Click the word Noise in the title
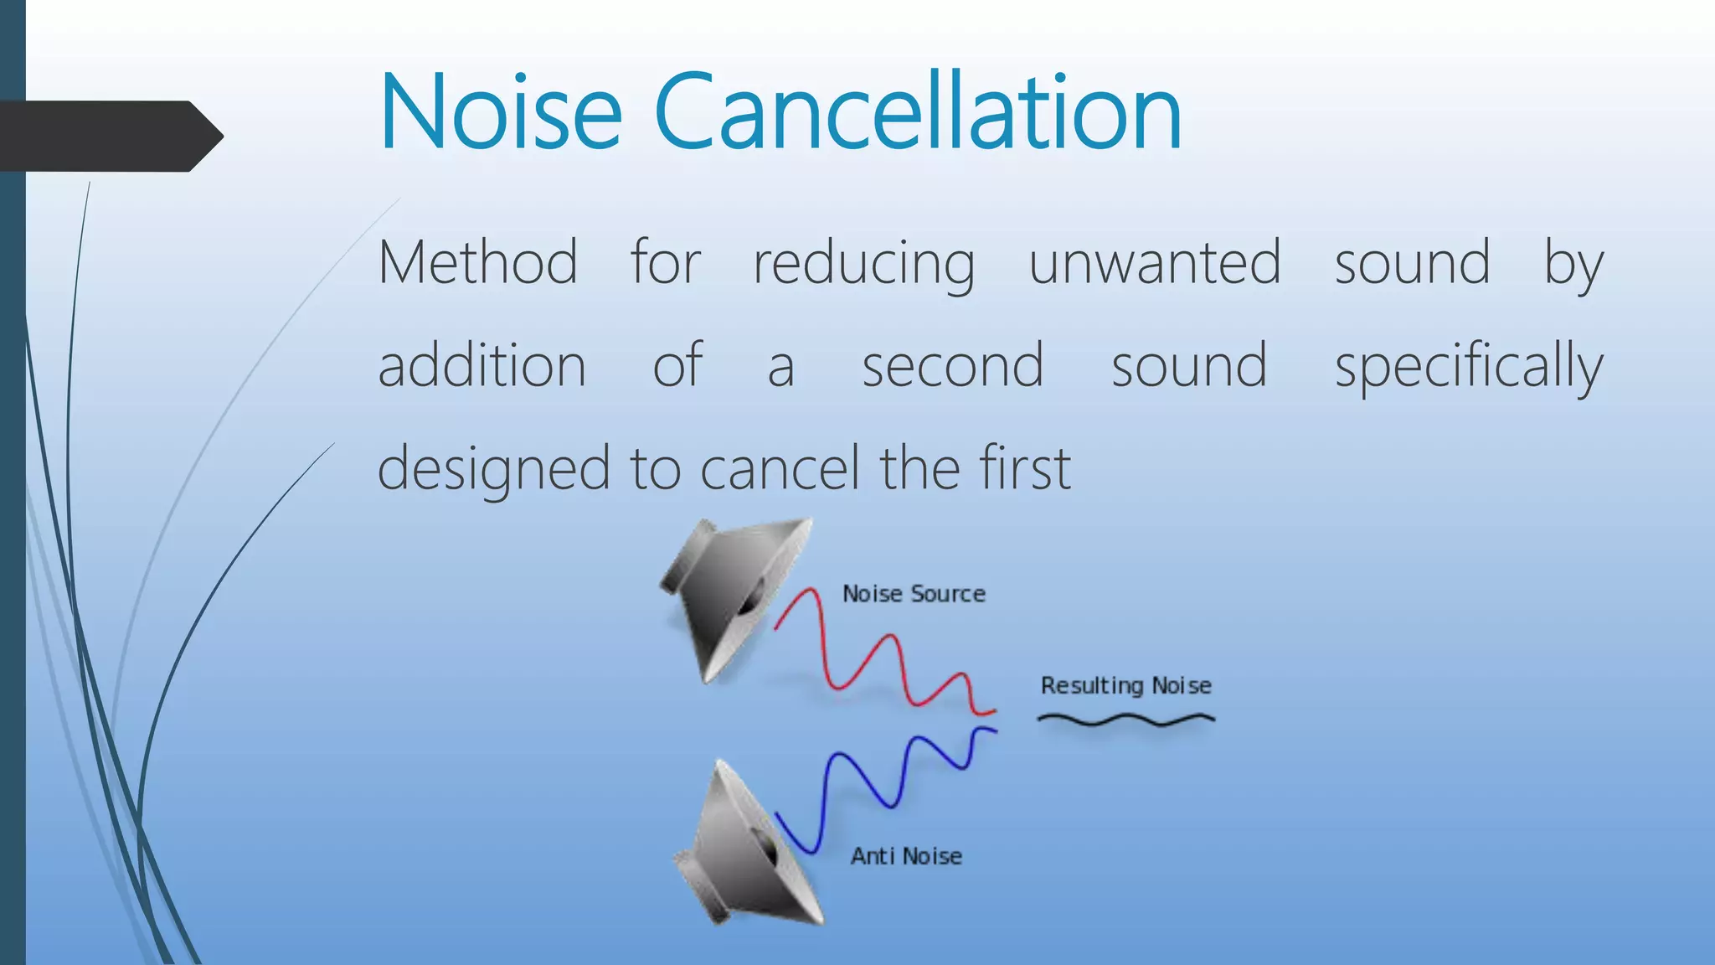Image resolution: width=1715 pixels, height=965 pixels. [x=501, y=112]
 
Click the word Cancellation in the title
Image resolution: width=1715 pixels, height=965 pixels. [x=918, y=112]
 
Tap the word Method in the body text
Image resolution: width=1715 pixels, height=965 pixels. [x=477, y=263]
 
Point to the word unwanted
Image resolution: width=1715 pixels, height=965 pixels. [x=1155, y=263]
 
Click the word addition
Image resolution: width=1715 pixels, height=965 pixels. [x=482, y=366]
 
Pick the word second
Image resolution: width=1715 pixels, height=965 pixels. [x=953, y=366]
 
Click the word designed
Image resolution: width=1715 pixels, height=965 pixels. [x=493, y=469]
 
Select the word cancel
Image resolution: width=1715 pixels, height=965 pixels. [x=780, y=468]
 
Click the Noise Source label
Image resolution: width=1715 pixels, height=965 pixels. [x=914, y=594]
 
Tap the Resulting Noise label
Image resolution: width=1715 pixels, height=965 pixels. [x=1126, y=686]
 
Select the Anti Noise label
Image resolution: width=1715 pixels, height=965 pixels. [x=906, y=856]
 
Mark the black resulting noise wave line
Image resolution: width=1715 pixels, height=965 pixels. [x=1126, y=719]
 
